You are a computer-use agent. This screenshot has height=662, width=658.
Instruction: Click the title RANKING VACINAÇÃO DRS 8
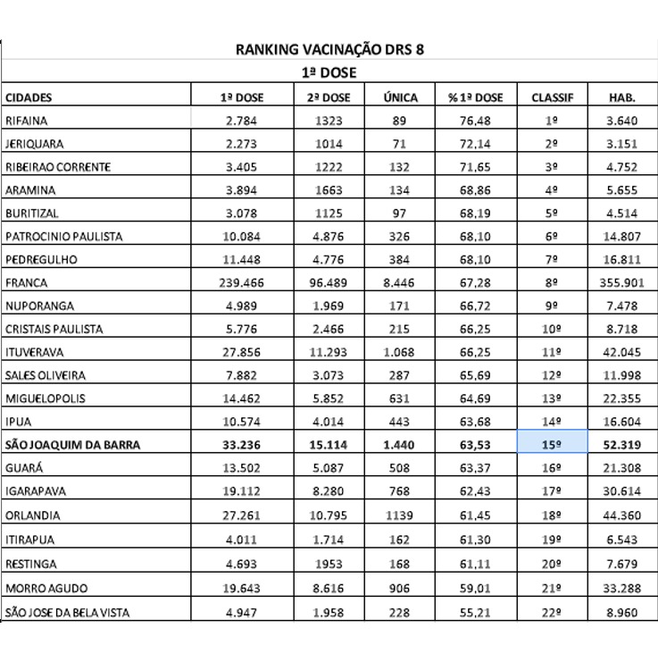(329, 50)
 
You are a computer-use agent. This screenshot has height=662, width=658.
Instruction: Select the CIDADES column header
(29, 96)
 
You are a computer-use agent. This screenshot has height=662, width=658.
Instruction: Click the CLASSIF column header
(552, 96)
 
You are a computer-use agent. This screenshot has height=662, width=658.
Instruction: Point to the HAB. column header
(621, 96)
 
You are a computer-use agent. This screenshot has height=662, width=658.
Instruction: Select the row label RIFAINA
(26, 120)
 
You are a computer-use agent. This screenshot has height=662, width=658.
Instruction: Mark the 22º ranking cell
(552, 612)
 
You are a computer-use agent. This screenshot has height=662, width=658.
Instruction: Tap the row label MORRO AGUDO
(40, 589)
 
